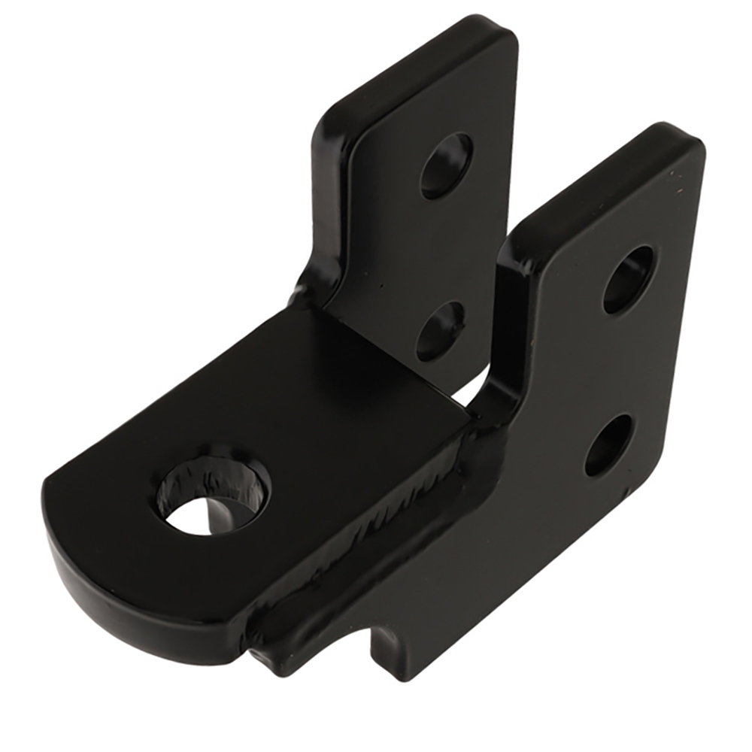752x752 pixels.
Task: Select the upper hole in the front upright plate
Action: pyautogui.click(x=628, y=279)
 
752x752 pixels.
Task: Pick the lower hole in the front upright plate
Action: pyautogui.click(x=608, y=445)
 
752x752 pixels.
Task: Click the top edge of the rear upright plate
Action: pyautogui.click(x=421, y=56)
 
